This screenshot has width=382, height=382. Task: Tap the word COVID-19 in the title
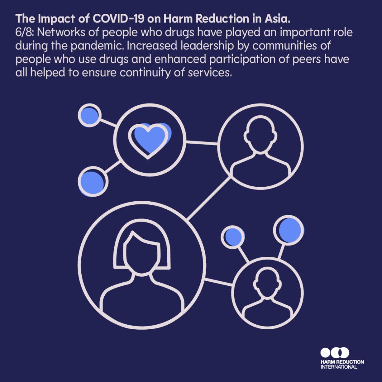click(119, 19)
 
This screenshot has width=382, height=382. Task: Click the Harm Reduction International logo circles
click(335, 353)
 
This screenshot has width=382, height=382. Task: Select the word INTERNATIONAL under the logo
click(338, 367)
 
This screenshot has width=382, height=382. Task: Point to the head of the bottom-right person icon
click(267, 283)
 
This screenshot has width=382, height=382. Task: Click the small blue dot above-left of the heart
click(89, 115)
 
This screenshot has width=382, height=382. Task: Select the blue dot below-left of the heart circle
click(93, 181)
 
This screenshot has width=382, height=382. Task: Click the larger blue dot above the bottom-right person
click(289, 230)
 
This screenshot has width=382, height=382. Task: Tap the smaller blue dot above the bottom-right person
click(233, 237)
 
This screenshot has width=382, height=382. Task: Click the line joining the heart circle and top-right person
click(202, 143)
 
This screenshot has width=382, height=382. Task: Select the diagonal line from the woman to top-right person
click(209, 198)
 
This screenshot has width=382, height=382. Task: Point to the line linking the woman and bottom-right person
click(218, 282)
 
